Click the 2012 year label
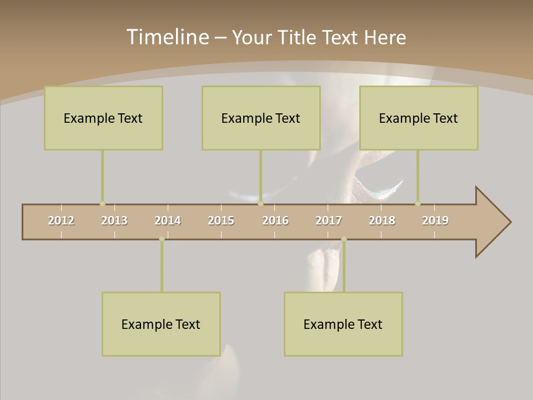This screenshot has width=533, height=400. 61,221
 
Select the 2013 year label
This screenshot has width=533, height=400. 114,221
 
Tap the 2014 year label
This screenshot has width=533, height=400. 168,221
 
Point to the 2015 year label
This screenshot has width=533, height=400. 221,221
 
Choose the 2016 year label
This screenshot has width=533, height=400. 275,221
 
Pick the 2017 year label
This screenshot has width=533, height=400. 329,221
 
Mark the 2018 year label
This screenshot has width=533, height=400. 382,221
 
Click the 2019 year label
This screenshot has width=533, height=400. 435,221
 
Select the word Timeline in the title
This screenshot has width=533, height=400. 167,37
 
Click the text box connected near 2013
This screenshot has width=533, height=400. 103,118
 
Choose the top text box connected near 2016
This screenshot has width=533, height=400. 261,118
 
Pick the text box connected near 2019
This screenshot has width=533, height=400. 419,118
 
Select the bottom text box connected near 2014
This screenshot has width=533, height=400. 161,324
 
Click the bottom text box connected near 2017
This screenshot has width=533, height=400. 343,324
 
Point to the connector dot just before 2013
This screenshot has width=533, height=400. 102,204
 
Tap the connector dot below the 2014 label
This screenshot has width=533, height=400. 162,239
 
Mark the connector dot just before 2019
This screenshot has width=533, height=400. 418,204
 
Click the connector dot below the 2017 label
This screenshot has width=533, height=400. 344,239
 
